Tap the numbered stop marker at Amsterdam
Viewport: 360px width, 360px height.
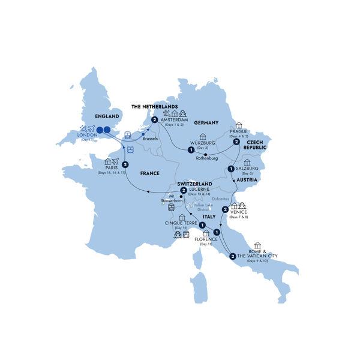point(155,121)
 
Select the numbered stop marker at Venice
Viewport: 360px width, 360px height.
point(224,209)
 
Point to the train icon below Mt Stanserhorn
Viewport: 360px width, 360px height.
point(172,208)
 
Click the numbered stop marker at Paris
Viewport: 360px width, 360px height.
point(125,165)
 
